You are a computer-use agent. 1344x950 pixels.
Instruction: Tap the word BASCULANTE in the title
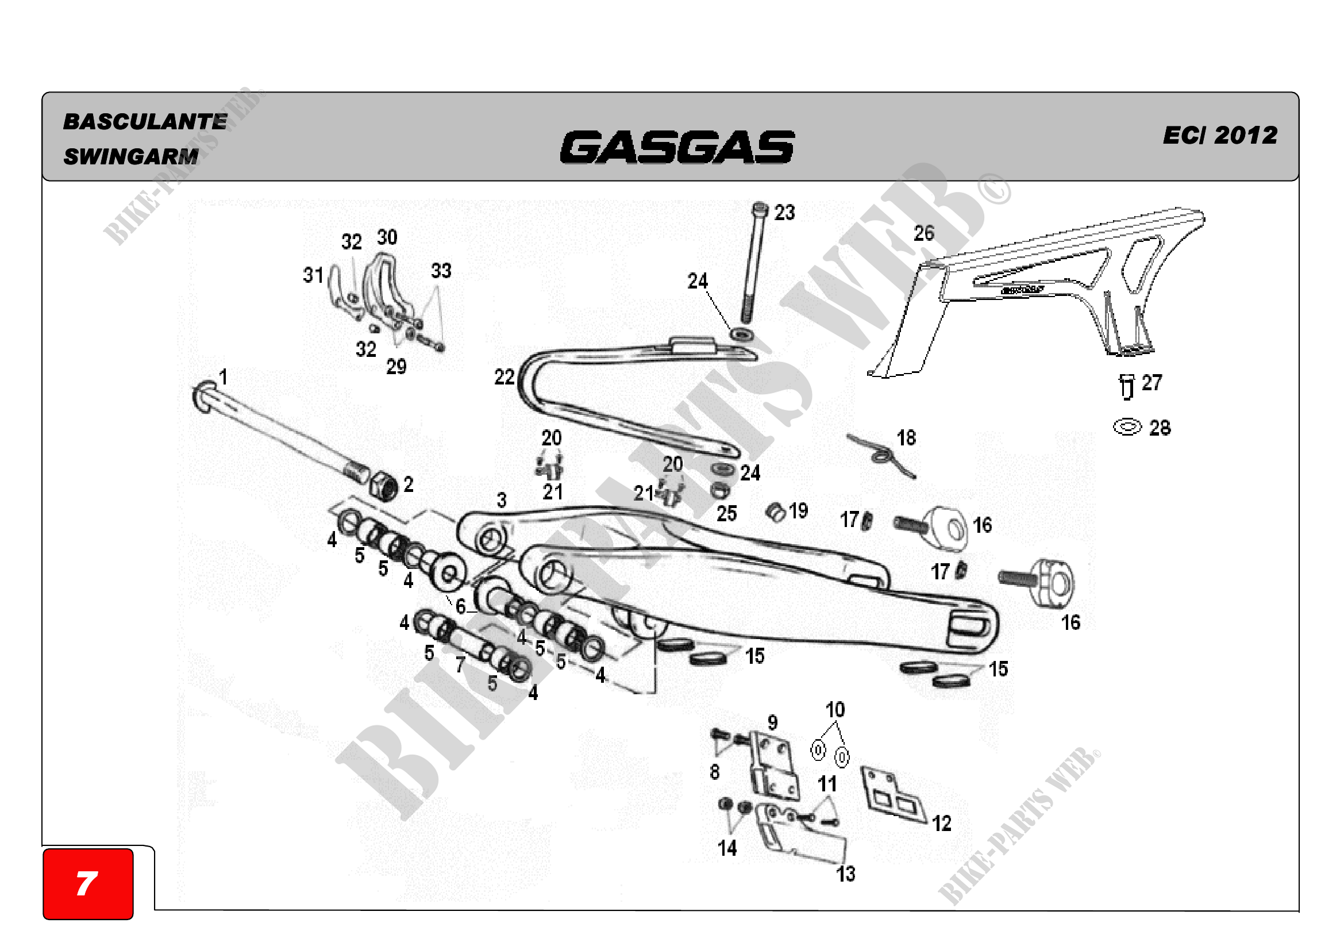pos(145,122)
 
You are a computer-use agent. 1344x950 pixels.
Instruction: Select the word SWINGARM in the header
pos(131,156)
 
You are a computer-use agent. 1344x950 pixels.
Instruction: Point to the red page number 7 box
pos(88,883)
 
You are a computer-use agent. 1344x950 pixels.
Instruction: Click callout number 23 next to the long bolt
pos(784,213)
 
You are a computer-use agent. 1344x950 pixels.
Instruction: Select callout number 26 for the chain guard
pos(924,233)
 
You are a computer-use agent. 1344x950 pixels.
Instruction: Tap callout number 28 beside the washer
pos(1160,428)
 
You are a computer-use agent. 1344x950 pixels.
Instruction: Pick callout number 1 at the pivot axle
pos(223,376)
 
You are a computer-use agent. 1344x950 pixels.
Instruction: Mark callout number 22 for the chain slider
pos(504,377)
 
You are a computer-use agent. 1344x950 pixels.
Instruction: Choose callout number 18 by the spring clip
pos(906,438)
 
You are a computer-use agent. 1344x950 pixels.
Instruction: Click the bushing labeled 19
pos(776,512)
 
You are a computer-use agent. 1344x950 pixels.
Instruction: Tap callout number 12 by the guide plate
pos(941,824)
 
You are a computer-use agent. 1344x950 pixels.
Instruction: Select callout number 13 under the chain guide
pos(845,874)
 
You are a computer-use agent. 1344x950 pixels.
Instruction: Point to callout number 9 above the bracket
pos(772,723)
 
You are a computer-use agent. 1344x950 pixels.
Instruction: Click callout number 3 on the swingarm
pos(502,500)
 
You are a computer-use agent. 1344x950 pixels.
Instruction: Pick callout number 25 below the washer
pos(726,514)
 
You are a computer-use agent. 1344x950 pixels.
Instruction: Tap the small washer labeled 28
pos(1127,426)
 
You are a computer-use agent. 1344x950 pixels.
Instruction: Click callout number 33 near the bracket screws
pos(441,271)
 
